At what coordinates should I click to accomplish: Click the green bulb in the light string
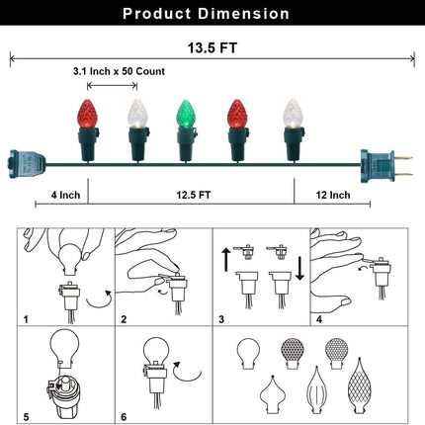pyautogui.click(x=186, y=114)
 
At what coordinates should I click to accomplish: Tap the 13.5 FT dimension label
pyautogui.click(x=212, y=48)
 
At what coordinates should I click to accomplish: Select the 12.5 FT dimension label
pyautogui.click(x=194, y=195)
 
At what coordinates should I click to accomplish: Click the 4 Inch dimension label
pyautogui.click(x=65, y=195)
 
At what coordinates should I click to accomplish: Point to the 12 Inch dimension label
pyautogui.click(x=333, y=195)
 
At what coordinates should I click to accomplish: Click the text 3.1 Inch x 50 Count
pyautogui.click(x=119, y=71)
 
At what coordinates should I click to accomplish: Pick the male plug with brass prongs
pyautogui.click(x=385, y=166)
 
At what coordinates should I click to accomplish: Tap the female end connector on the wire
pyautogui.click(x=27, y=164)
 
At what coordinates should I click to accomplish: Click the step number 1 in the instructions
pyautogui.click(x=26, y=319)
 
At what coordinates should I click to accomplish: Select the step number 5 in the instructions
pyautogui.click(x=26, y=417)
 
